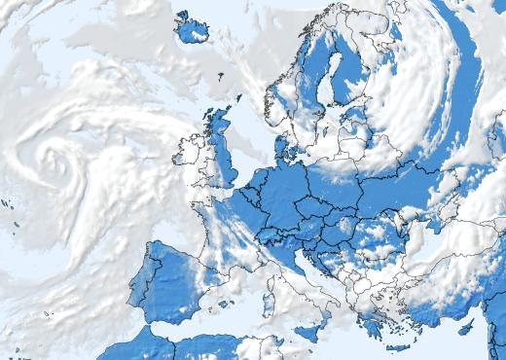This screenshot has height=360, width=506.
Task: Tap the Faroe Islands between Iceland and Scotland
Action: pos(220,76)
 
